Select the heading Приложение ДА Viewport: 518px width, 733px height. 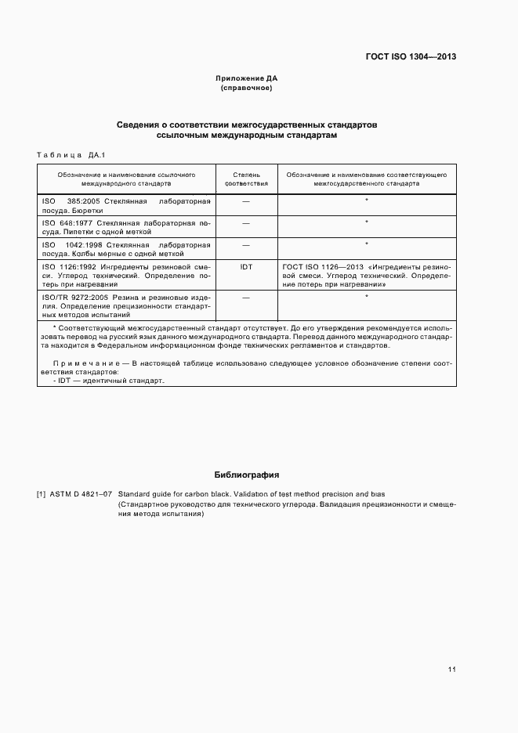[x=246, y=78]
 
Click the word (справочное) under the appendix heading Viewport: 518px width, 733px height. [x=246, y=88]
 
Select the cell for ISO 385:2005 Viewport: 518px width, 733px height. [x=126, y=206]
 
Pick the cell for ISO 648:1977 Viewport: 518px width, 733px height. [x=126, y=227]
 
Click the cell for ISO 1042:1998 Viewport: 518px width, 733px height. [x=126, y=249]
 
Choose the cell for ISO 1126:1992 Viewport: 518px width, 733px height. [x=126, y=276]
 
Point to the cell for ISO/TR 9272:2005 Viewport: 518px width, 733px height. [x=126, y=305]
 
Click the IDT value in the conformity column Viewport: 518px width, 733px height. [x=246, y=267]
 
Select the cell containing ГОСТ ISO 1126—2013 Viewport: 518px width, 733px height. [x=366, y=276]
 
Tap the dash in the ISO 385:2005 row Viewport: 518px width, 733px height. [x=246, y=201]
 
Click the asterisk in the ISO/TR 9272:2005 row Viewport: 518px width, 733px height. [x=366, y=297]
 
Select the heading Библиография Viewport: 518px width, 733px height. [x=247, y=475]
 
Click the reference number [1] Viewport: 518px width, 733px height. [x=42, y=493]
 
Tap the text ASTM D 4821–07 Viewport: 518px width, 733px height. [x=81, y=493]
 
